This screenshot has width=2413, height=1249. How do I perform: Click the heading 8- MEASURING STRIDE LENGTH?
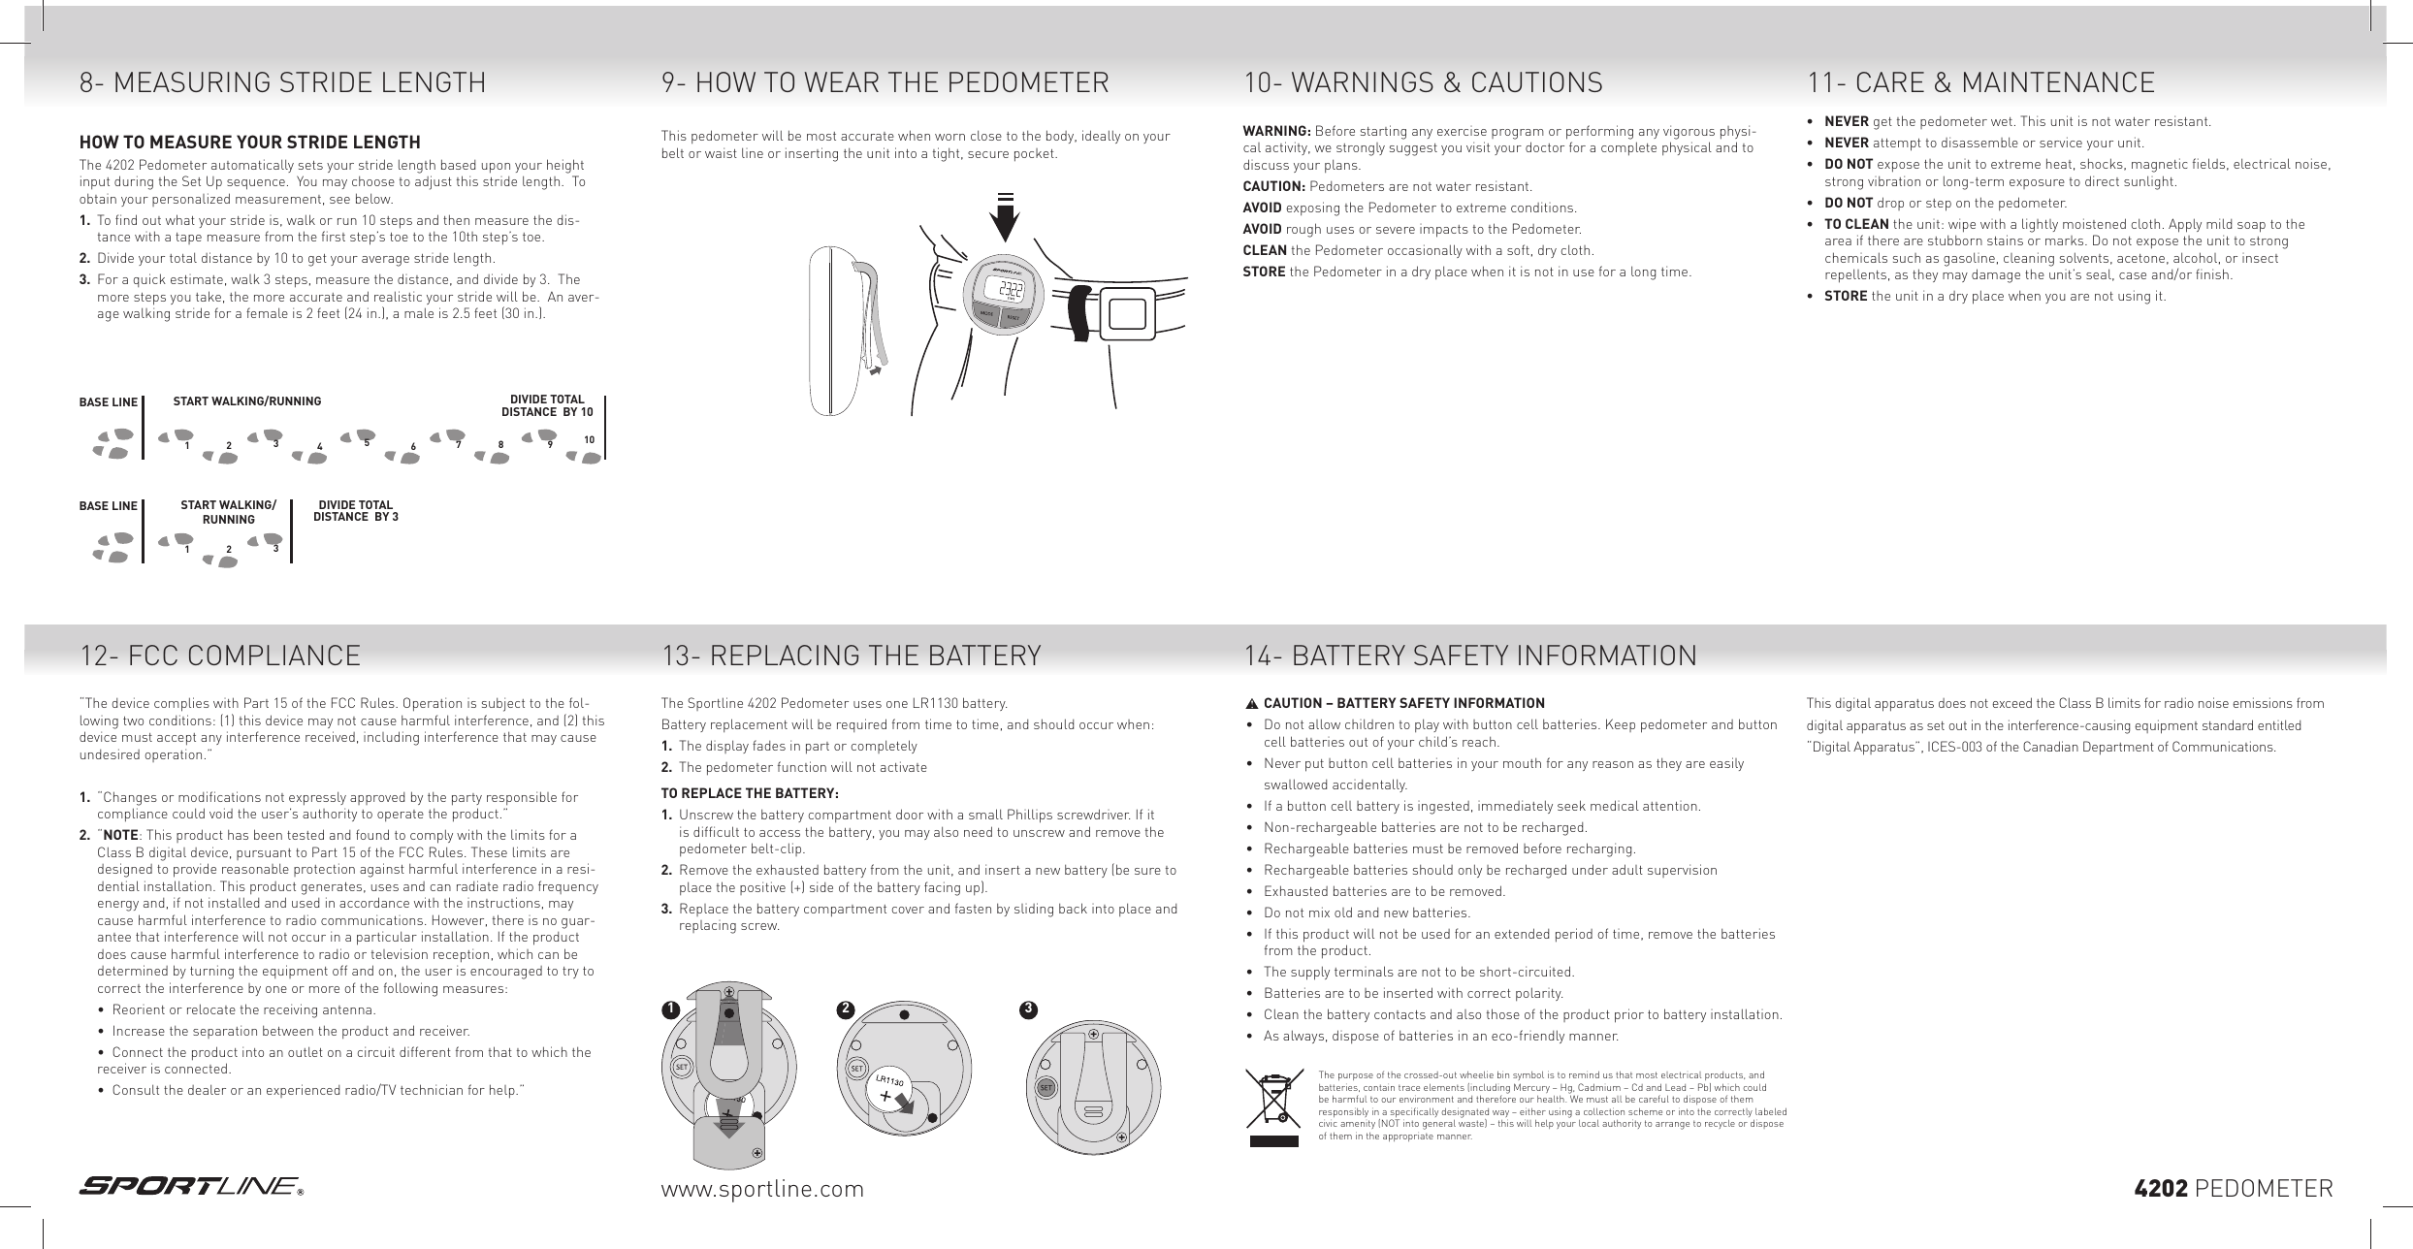[282, 83]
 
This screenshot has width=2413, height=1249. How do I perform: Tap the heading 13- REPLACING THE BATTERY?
[851, 657]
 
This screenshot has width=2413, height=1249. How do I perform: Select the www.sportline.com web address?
[761, 1189]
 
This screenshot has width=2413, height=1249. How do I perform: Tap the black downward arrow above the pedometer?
[1006, 216]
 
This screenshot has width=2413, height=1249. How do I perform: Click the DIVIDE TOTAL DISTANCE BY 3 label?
[355, 511]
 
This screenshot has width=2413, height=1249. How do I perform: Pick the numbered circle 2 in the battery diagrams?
[846, 1009]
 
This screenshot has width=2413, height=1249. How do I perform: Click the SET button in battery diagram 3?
[1046, 1088]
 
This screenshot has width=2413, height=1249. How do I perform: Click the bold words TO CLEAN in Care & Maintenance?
[1856, 225]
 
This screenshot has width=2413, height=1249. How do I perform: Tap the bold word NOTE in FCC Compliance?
[120, 835]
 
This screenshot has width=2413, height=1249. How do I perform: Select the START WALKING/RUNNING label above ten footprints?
[246, 400]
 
